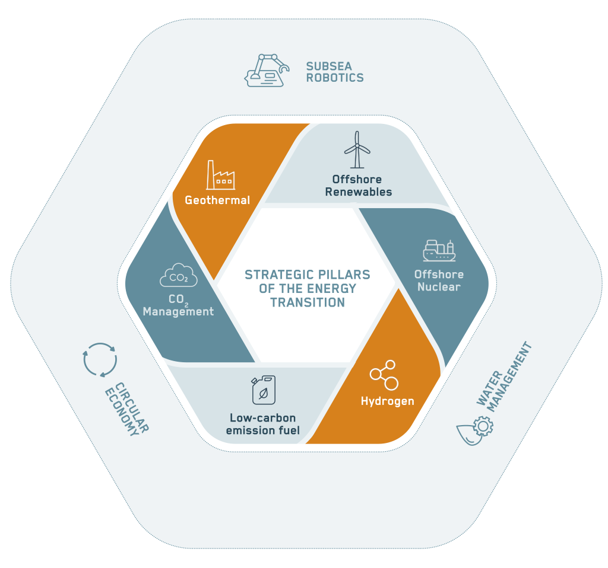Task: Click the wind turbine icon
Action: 356,149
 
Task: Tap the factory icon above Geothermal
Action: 220,175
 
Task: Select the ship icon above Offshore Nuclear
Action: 439,251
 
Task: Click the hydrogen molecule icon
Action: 384,375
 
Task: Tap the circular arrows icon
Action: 100,360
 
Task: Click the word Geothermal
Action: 217,200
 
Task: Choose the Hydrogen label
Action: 387,401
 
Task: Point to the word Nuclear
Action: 439,287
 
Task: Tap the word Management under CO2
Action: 178,311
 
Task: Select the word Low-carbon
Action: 262,418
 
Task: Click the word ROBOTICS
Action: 335,77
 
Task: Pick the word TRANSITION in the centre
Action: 308,302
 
